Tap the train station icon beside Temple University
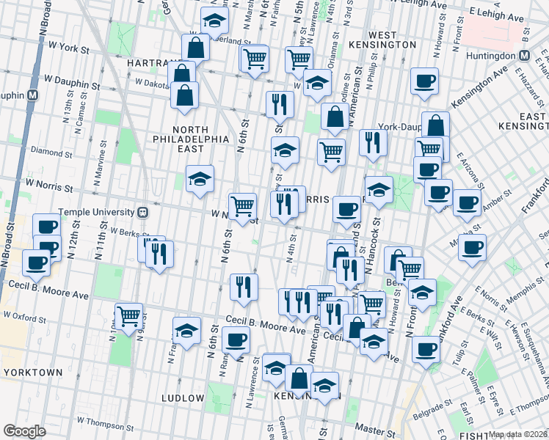144,213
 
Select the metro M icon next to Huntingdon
525,55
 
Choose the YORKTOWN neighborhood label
32,373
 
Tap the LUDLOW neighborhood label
182,398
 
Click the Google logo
24,431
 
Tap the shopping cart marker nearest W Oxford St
128,316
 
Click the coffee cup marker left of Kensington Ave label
423,82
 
